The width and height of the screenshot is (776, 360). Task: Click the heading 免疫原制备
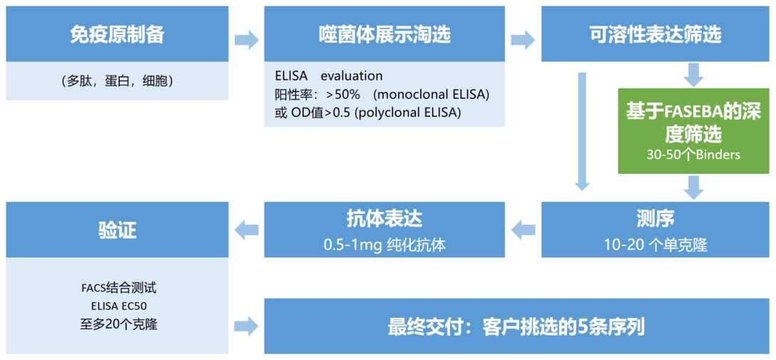pyautogui.click(x=117, y=35)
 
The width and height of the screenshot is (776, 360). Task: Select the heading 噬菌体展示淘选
pyautogui.click(x=384, y=35)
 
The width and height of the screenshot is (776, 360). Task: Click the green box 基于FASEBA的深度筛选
pyautogui.click(x=693, y=131)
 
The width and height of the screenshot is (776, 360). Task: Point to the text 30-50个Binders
pyautogui.click(x=693, y=154)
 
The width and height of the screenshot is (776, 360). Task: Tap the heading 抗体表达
pyautogui.click(x=384, y=219)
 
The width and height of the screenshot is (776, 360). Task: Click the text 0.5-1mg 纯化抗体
pyautogui.click(x=384, y=245)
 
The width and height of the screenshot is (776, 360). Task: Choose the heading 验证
pyautogui.click(x=117, y=230)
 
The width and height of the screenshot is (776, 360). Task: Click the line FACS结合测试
pyautogui.click(x=117, y=288)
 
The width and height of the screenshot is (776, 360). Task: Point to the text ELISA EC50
pyautogui.click(x=117, y=306)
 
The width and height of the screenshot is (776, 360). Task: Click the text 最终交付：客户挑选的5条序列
pyautogui.click(x=518, y=329)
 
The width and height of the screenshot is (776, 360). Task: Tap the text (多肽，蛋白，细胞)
pyautogui.click(x=117, y=81)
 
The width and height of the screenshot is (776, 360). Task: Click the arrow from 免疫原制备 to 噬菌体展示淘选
pyautogui.click(x=247, y=39)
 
